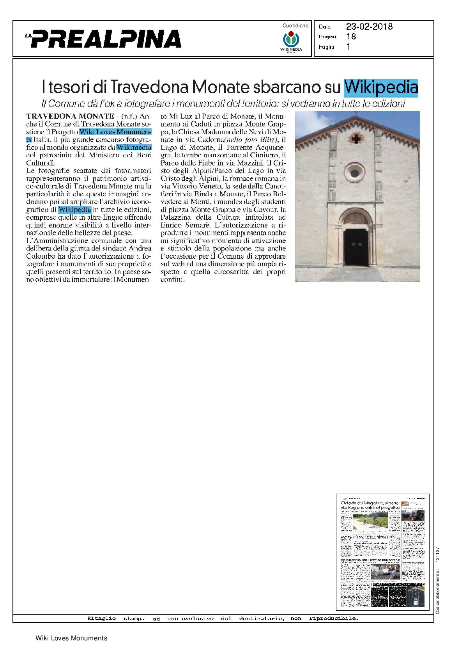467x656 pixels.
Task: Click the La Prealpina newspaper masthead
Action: [104, 39]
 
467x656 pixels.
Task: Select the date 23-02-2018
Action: [369, 27]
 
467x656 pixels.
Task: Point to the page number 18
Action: [351, 37]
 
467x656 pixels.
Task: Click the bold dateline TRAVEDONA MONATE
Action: [70, 116]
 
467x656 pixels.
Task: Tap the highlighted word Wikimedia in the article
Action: [134, 148]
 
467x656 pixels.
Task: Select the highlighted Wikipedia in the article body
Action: [74, 210]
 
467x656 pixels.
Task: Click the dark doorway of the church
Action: [356, 247]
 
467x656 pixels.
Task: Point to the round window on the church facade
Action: [355, 172]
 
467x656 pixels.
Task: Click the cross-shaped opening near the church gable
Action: [355, 139]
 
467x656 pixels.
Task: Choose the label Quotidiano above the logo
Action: [295, 26]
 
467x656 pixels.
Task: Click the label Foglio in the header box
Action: [326, 47]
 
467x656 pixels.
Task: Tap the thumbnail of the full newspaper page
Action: [382, 552]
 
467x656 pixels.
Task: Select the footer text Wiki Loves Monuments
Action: [71, 638]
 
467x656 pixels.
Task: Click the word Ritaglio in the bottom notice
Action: [101, 619]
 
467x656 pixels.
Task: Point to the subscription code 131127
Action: [437, 555]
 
